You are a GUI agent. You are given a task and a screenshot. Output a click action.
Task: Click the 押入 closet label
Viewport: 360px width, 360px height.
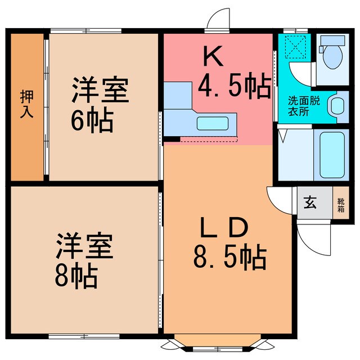[26, 103]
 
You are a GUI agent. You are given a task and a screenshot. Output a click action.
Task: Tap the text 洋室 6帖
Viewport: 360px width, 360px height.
[98, 104]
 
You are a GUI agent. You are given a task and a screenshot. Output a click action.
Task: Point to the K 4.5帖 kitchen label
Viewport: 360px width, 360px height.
[231, 73]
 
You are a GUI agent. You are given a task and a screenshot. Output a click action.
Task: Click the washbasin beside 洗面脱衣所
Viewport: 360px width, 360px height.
[337, 105]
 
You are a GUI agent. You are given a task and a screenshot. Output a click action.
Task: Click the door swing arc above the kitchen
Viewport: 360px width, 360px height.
[217, 19]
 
